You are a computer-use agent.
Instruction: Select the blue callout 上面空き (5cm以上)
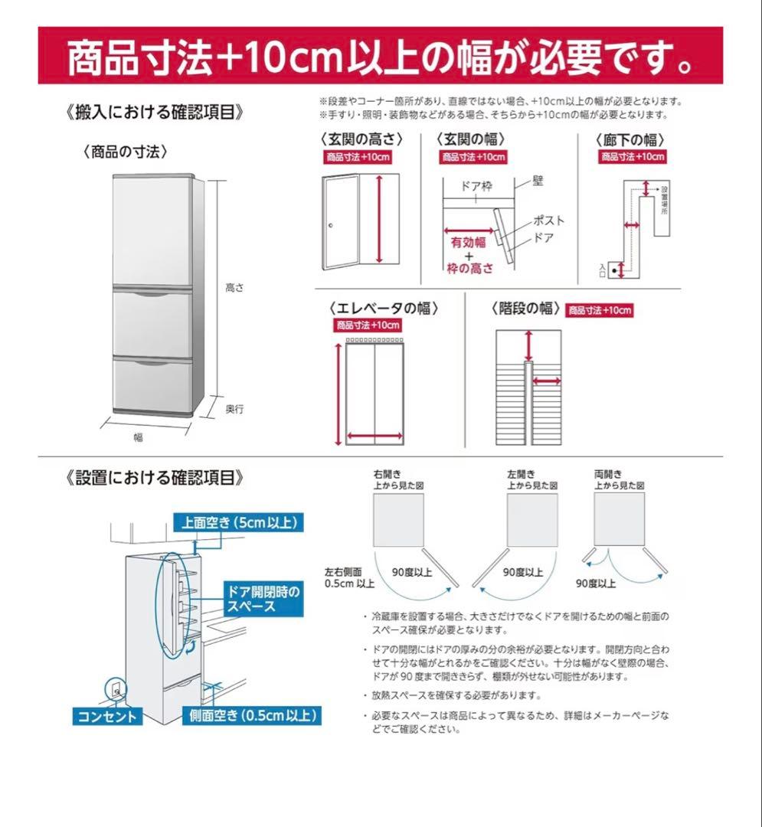[237, 523]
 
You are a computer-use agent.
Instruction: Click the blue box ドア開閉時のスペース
[263, 599]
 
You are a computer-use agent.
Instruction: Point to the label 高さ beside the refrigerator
[234, 288]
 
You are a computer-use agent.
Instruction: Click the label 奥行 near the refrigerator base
[234, 410]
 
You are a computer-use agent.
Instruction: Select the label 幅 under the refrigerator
[138, 437]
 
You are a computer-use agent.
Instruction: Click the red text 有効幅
[468, 242]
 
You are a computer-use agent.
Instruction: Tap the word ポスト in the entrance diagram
[549, 221]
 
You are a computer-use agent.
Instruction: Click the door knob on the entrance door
[331, 225]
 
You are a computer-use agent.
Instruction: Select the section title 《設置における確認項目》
[156, 478]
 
